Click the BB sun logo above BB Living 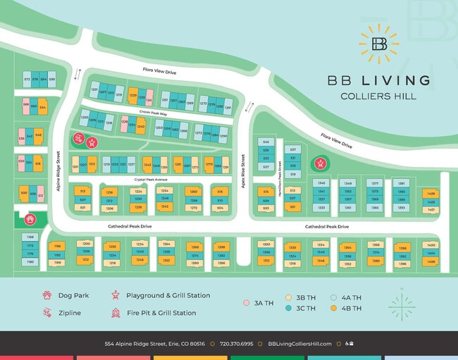click(379, 43)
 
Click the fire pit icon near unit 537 click(320, 165)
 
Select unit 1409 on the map click(431, 193)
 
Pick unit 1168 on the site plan click(30, 237)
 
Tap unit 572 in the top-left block click(27, 80)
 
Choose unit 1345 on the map click(321, 182)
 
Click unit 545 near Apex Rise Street click(266, 142)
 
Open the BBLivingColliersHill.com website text click(299, 344)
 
